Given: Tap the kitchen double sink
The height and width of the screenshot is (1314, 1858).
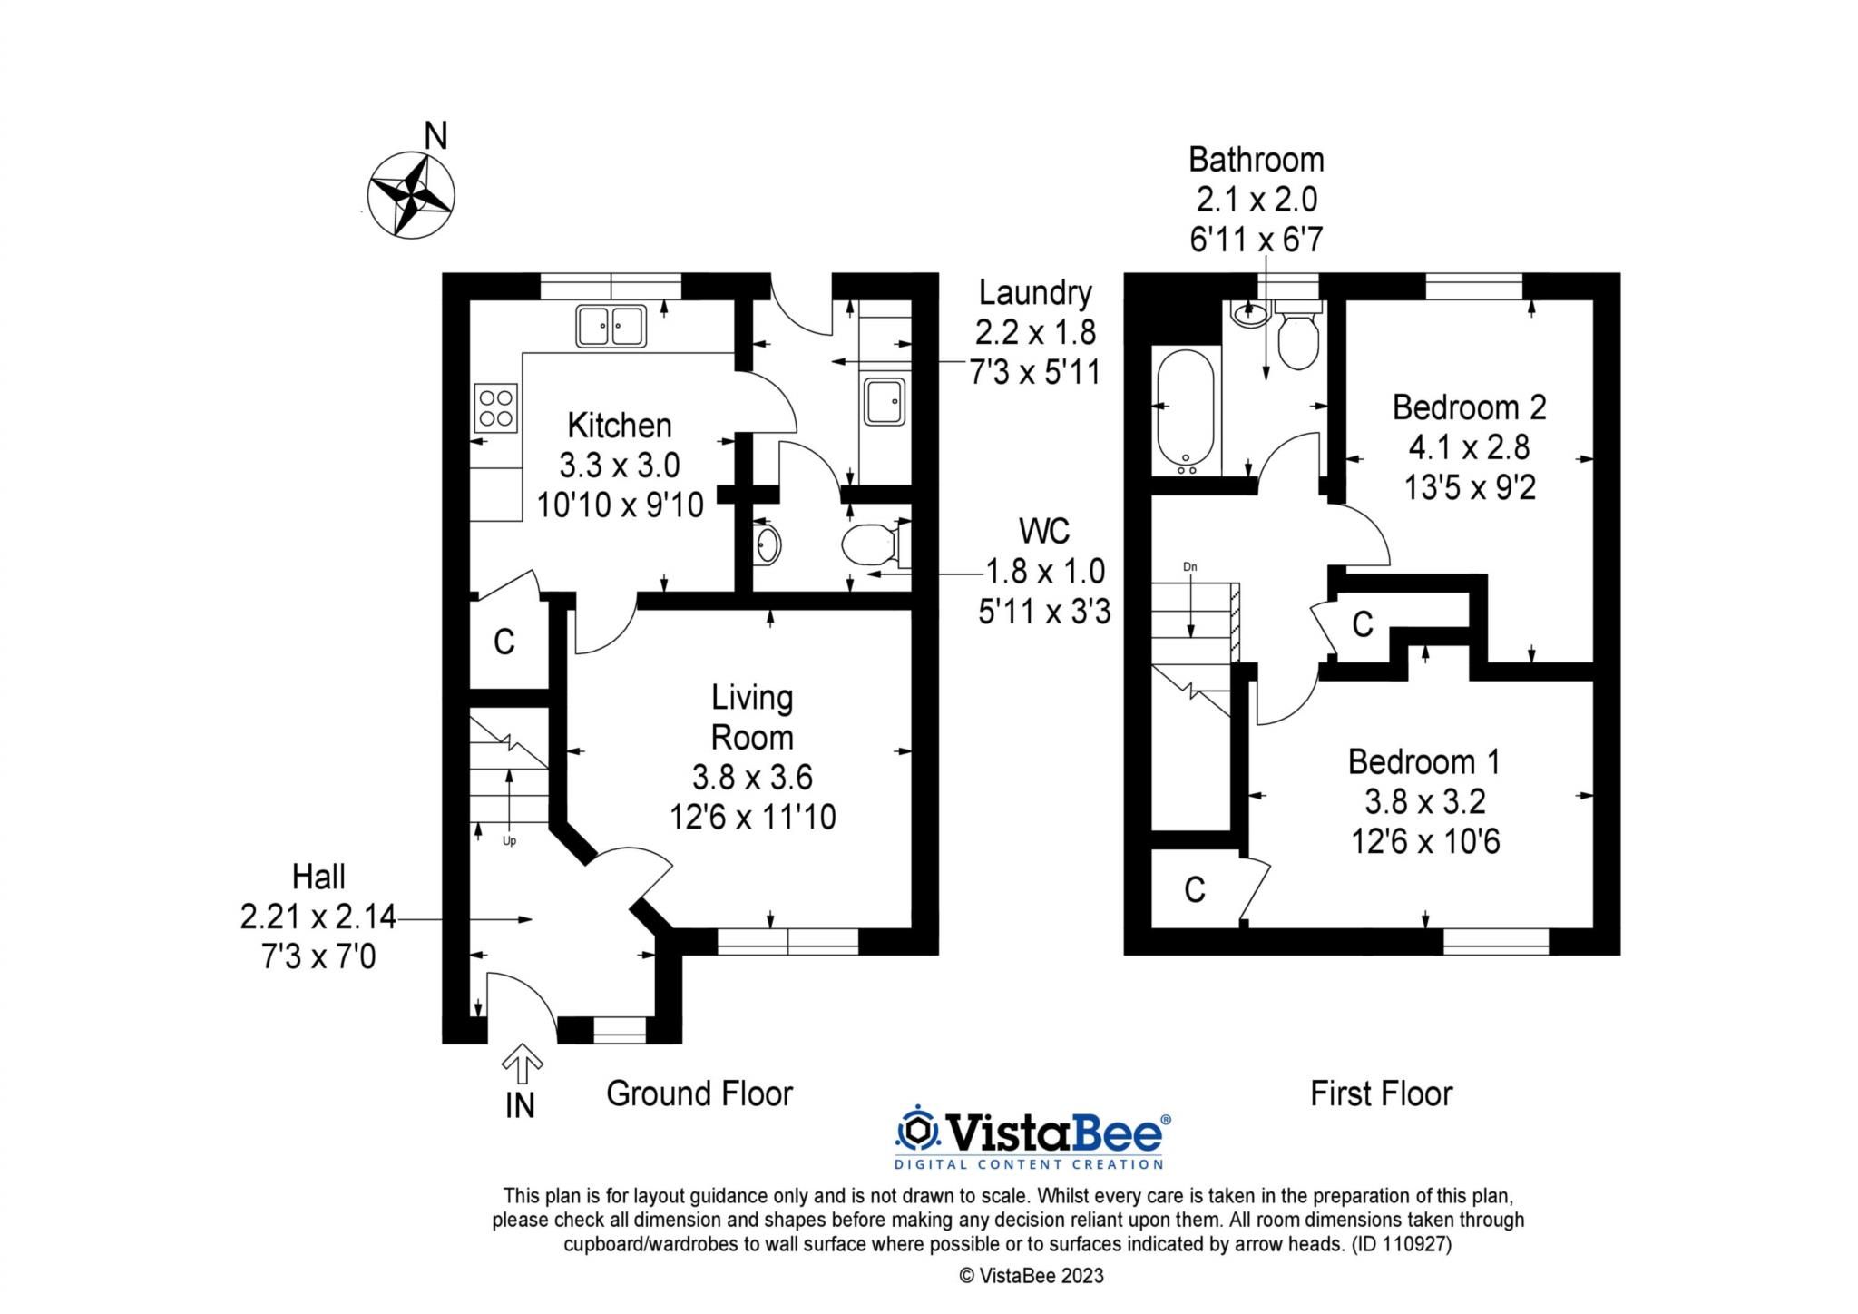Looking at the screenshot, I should [x=611, y=326].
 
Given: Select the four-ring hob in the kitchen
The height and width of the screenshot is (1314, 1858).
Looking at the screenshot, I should [x=495, y=407].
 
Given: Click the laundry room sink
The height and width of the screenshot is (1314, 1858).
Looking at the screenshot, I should [x=884, y=401].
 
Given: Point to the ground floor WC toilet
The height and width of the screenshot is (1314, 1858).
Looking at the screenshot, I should [x=867, y=546].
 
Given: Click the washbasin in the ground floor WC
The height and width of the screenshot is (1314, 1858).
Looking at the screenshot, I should [x=768, y=545].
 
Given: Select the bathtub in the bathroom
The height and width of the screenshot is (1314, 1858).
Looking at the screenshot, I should [x=1185, y=410].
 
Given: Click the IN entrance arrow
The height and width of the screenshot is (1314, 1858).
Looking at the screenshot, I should [x=522, y=1063].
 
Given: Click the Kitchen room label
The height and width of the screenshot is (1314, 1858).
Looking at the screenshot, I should [x=620, y=425].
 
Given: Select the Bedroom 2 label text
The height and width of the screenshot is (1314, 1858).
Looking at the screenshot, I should [x=1469, y=407].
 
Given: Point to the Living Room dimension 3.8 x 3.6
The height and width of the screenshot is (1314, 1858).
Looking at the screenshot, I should [x=751, y=777].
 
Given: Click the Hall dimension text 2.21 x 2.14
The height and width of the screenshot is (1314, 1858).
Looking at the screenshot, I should [x=318, y=917].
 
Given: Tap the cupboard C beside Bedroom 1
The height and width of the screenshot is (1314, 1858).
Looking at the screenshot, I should [x=1194, y=890].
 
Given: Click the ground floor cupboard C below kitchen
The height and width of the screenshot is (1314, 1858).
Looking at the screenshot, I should [x=504, y=642].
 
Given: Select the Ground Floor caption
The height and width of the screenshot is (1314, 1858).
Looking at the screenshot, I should [x=699, y=1093].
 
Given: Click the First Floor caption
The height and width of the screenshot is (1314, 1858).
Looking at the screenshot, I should [x=1381, y=1093].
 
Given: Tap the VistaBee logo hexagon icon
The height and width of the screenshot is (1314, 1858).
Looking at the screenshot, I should [x=918, y=1131].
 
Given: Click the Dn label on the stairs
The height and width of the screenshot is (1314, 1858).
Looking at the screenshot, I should [x=1190, y=567].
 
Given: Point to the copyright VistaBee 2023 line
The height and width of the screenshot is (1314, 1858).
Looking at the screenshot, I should [x=1032, y=1276].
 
